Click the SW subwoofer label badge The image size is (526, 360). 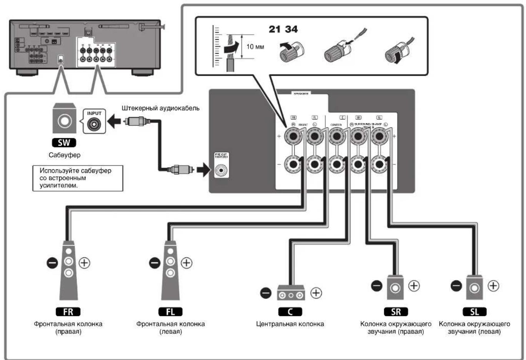pyautogui.click(x=64, y=143)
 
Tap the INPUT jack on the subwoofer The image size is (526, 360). pyautogui.click(x=94, y=124)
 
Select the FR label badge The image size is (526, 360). pyautogui.click(x=68, y=312)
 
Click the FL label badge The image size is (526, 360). pyautogui.click(x=170, y=312)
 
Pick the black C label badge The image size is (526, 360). pyautogui.click(x=290, y=312)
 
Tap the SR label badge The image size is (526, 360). pyautogui.click(x=396, y=312)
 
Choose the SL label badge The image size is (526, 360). pyautogui.click(x=474, y=312)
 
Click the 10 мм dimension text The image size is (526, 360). pyautogui.click(x=255, y=46)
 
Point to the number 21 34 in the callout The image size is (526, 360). pyautogui.click(x=283, y=29)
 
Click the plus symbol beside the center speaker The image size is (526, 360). pyautogui.click(x=316, y=293)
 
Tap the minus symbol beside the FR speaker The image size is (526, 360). pyautogui.click(x=52, y=263)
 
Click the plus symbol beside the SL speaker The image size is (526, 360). pyautogui.click(x=493, y=286)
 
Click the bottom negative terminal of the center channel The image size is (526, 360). pyautogui.click(x=337, y=164)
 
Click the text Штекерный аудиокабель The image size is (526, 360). pyautogui.click(x=160, y=108)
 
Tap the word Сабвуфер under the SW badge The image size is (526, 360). pyautogui.click(x=64, y=155)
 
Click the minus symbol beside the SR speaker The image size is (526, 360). pyautogui.click(x=377, y=286)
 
